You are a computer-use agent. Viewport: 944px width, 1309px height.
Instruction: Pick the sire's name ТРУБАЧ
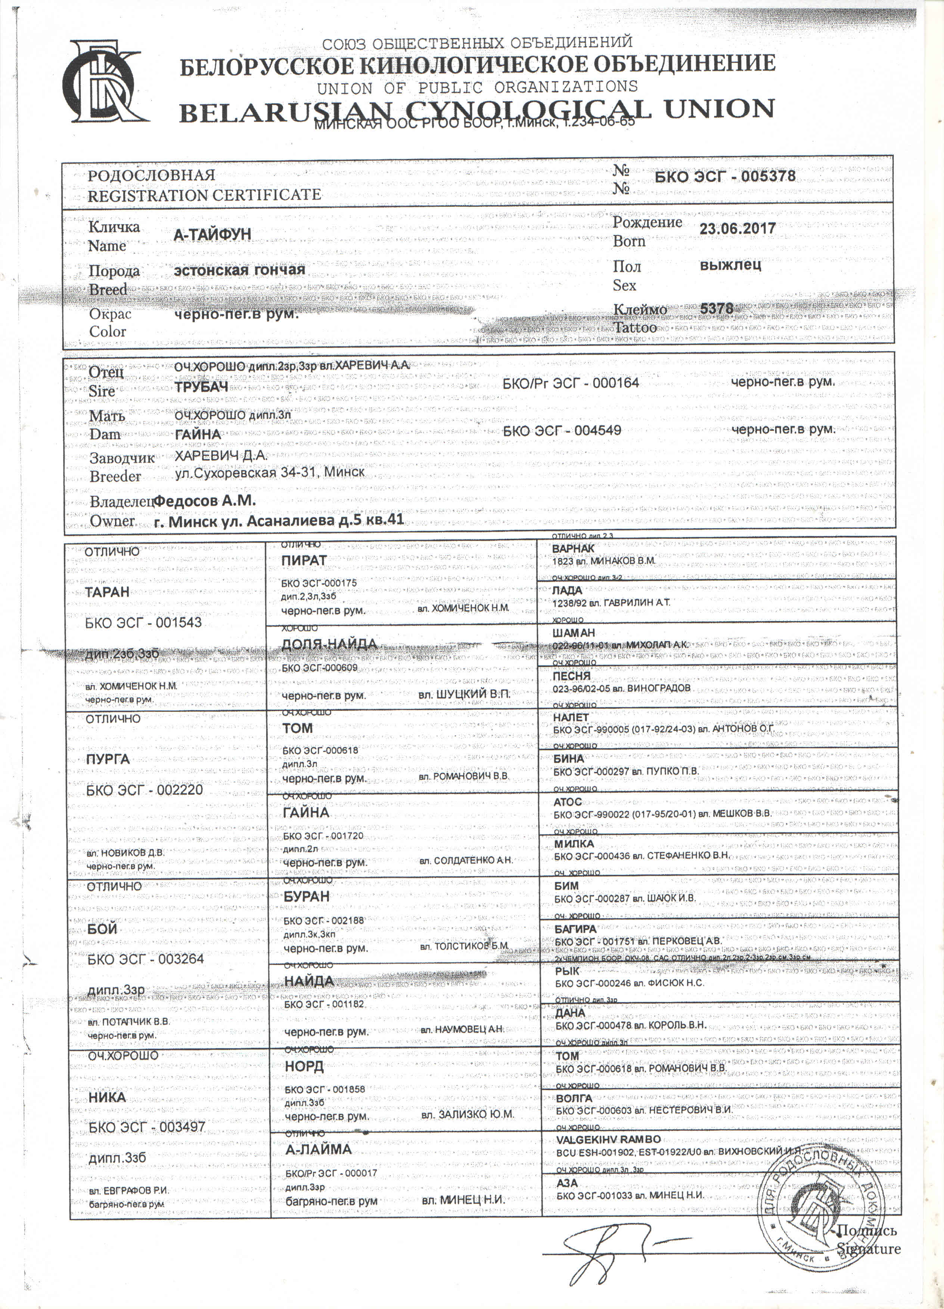tap(201, 387)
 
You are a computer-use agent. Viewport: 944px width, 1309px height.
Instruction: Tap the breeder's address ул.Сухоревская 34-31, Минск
tap(270, 472)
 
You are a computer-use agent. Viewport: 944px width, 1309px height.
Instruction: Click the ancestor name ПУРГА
tap(107, 759)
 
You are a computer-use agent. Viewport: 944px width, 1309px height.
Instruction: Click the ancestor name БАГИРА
tap(575, 929)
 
